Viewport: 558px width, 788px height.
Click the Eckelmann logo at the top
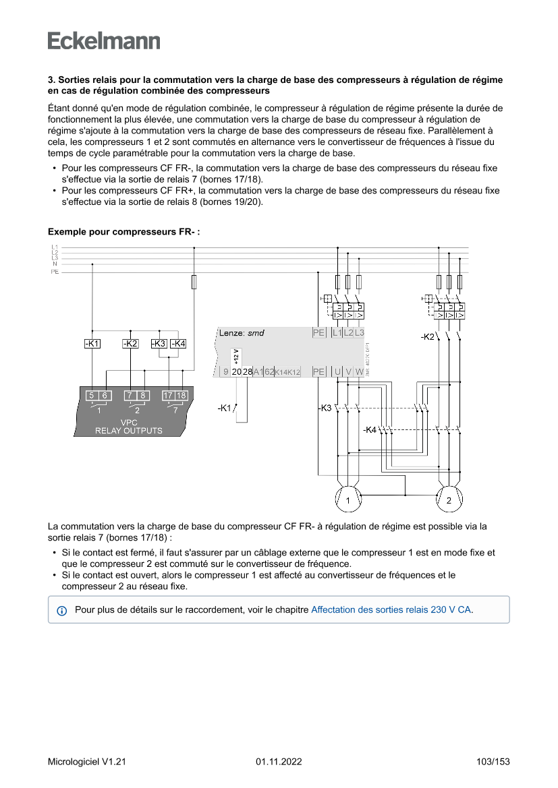coord(104,40)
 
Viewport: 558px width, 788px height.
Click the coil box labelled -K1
coord(92,344)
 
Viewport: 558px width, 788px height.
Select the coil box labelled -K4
coord(178,344)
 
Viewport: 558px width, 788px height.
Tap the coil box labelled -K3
coord(159,344)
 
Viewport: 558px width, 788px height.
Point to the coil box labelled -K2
coord(130,344)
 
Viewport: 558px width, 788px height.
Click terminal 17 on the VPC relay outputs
coord(168,395)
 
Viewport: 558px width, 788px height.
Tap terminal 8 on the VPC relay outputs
coord(143,395)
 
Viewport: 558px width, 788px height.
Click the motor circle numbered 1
coord(348,499)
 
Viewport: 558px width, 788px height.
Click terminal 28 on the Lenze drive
coord(248,371)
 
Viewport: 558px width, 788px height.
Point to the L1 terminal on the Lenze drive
coord(337,332)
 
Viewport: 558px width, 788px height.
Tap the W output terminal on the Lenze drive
coord(359,371)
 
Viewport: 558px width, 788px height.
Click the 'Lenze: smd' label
coord(242,333)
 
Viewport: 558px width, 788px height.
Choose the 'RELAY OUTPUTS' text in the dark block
coord(128,431)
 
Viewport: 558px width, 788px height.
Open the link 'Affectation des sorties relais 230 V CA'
coord(391,609)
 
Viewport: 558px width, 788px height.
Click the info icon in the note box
coord(62,611)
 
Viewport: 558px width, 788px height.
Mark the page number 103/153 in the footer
coord(493,762)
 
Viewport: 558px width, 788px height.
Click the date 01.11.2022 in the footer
coord(279,762)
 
